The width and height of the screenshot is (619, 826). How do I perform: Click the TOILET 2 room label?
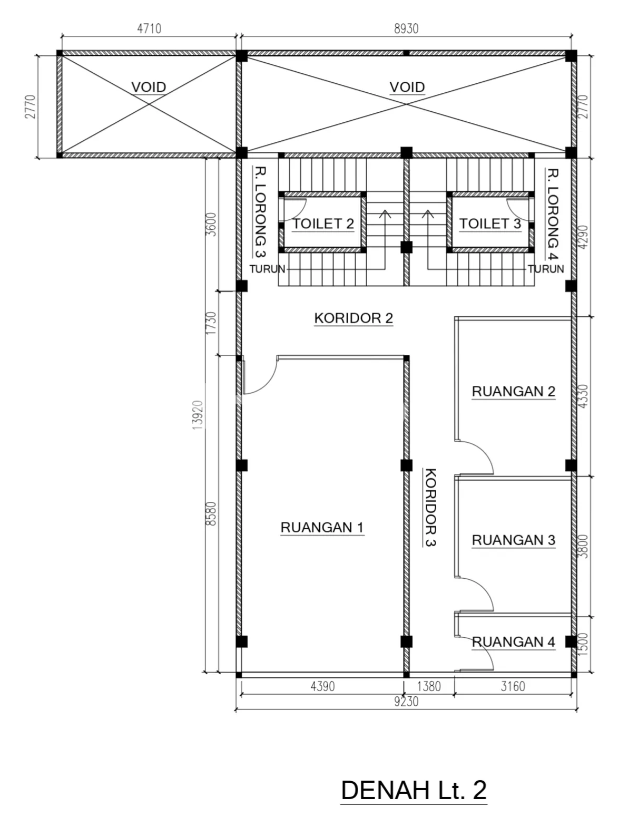tap(323, 224)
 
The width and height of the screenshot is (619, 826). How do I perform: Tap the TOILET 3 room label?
tap(490, 224)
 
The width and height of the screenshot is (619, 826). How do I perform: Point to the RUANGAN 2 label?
tap(513, 391)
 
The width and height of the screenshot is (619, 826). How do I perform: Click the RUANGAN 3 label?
tap(513, 540)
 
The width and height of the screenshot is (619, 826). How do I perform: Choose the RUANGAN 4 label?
tap(513, 642)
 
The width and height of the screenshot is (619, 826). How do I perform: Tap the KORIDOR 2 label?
tap(353, 318)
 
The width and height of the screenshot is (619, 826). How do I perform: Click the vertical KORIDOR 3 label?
tap(431, 507)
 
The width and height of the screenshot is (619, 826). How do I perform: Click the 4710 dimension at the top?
tap(149, 28)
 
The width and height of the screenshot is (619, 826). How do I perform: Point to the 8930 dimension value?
tap(406, 28)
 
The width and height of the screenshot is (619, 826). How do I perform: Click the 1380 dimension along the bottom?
tap(429, 686)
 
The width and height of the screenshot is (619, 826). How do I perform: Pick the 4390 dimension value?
tap(322, 686)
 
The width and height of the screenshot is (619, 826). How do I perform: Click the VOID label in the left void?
tap(149, 88)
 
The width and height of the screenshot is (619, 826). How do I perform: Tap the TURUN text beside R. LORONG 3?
tap(268, 269)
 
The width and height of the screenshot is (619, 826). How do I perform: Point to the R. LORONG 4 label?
tap(552, 214)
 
